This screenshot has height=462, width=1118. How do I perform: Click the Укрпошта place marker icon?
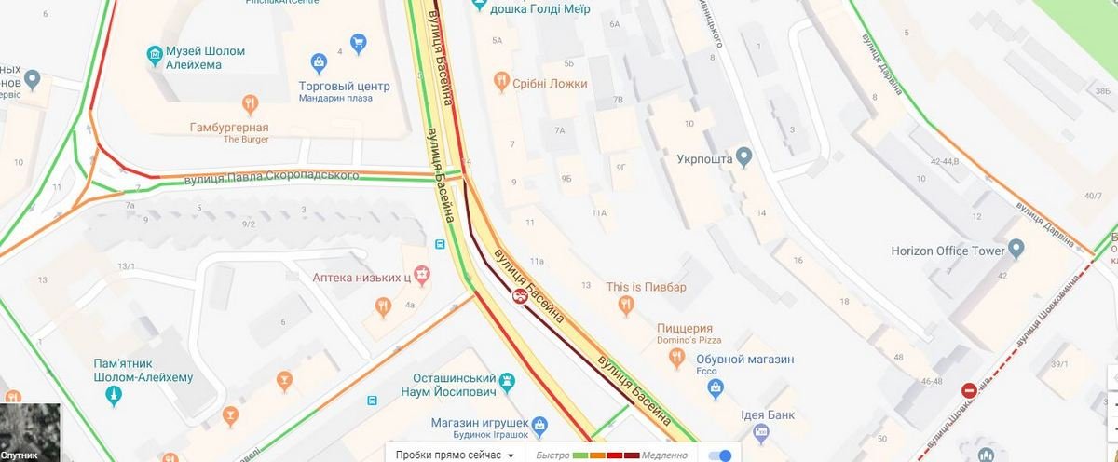(x=743, y=156)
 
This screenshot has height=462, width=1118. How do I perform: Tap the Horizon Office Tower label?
(x=948, y=251)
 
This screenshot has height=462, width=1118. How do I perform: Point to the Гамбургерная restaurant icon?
(x=249, y=103)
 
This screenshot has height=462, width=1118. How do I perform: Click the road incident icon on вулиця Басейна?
(x=518, y=295)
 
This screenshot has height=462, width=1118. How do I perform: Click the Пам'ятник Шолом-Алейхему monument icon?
(x=115, y=396)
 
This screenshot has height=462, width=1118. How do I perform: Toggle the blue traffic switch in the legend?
(x=720, y=455)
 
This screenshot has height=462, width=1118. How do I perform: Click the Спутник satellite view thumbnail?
(x=30, y=433)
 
